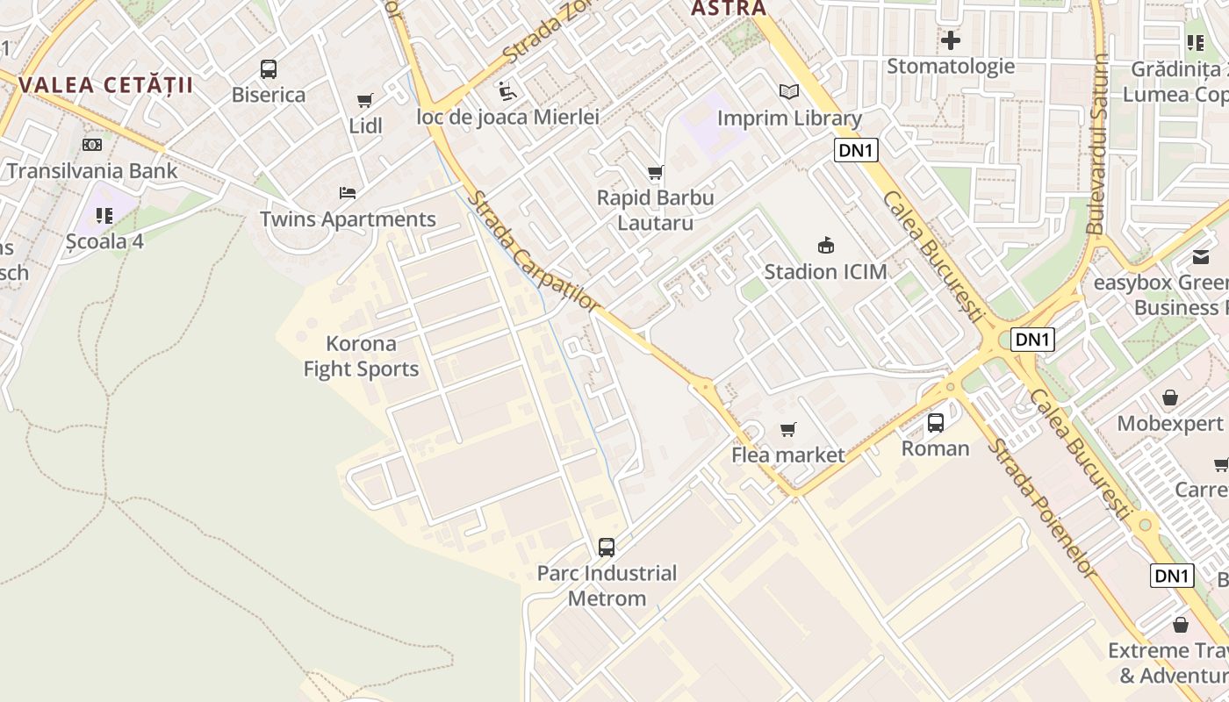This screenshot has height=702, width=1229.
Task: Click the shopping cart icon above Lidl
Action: pyautogui.click(x=364, y=101)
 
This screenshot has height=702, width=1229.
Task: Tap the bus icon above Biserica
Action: pyautogui.click(x=269, y=69)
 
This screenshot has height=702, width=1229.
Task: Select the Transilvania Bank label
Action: pyautogui.click(x=92, y=170)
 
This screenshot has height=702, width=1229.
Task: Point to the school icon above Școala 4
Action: pyautogui.click(x=104, y=215)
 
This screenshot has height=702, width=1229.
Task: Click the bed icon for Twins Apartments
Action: pyautogui.click(x=348, y=193)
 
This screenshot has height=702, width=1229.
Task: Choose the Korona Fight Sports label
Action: pyautogui.click(x=361, y=356)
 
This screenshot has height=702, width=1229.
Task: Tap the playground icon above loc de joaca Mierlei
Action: pyautogui.click(x=507, y=90)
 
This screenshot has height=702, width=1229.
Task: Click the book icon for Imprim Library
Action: pyautogui.click(x=789, y=91)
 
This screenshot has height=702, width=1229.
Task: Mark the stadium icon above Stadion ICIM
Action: pyautogui.click(x=825, y=245)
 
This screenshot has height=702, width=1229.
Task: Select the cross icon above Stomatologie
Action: pyautogui.click(x=950, y=40)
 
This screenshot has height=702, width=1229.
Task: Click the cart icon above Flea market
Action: pyautogui.click(x=787, y=429)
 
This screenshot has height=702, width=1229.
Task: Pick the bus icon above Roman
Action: pyautogui.click(x=936, y=422)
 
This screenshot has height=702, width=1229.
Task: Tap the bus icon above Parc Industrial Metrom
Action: pyautogui.click(x=606, y=548)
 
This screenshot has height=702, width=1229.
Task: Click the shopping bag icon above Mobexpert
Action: pyautogui.click(x=1170, y=398)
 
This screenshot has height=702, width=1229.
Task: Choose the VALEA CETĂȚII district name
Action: pyautogui.click(x=104, y=85)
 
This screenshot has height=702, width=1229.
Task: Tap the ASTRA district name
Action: pyautogui.click(x=729, y=9)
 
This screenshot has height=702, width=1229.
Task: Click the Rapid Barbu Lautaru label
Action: pyautogui.click(x=655, y=210)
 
